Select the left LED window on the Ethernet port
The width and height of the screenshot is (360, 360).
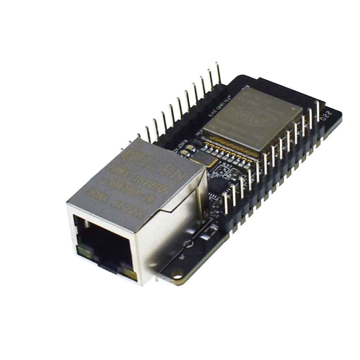(x=82, y=250)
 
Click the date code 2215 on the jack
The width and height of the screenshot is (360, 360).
(x=135, y=213)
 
